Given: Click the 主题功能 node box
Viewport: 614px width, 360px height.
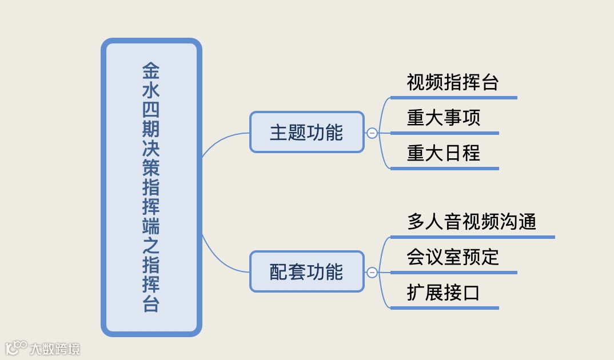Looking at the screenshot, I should [x=307, y=133].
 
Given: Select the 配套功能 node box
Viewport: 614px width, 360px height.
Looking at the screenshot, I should [x=307, y=272].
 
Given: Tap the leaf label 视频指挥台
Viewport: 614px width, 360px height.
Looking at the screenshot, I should [x=453, y=82].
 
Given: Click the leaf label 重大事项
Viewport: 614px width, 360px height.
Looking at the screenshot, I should [x=444, y=118].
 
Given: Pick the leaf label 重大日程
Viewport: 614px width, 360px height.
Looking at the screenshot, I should [x=444, y=153].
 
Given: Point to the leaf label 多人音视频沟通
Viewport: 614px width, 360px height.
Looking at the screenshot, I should [x=472, y=222].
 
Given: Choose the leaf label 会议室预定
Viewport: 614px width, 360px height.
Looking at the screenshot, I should [x=453, y=257].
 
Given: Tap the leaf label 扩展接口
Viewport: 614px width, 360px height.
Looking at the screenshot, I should [x=444, y=293].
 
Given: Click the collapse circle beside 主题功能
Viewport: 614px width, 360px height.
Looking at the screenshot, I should [x=372, y=133].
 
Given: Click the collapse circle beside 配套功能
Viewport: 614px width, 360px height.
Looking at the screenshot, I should [x=372, y=273].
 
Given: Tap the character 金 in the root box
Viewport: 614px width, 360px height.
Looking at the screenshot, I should [x=151, y=71].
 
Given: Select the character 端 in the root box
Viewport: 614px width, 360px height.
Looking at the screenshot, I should [x=151, y=227].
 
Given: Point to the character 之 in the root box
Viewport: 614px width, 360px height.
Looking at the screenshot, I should [x=151, y=246].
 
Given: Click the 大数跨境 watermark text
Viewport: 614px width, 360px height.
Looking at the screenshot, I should [x=55, y=348].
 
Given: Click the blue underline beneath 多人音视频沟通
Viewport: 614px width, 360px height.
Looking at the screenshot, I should [x=472, y=237].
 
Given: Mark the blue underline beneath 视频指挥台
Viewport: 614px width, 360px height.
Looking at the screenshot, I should [x=453, y=98].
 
